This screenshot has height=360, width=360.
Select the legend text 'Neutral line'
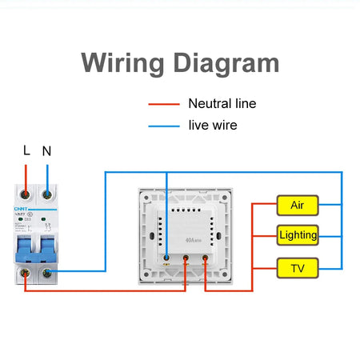click(222, 103)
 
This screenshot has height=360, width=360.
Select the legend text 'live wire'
click(213, 126)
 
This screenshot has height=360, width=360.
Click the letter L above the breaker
click(26, 150)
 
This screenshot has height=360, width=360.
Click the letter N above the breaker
click(47, 150)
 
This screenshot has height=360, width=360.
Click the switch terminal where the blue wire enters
click(166, 258)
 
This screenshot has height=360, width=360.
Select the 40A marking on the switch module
click(190, 239)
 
